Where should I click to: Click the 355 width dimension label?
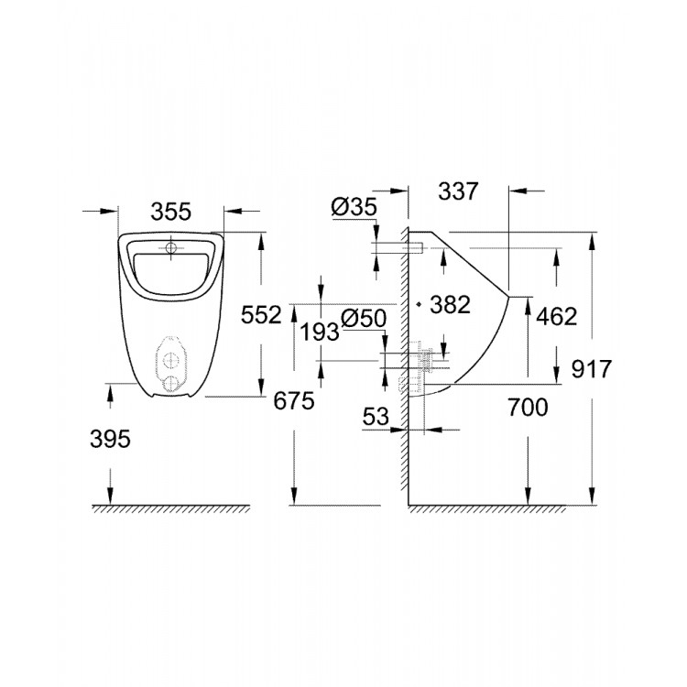[x=171, y=212]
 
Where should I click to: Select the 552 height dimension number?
[x=261, y=315]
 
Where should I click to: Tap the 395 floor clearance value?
[x=111, y=439]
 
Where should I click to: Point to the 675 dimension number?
[x=294, y=399]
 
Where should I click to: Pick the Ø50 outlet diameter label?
[x=364, y=318]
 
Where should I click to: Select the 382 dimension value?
[x=450, y=304]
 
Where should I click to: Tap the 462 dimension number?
[x=557, y=316]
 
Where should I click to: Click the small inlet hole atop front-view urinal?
[x=171, y=246]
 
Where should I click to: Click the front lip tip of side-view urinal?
[x=510, y=295]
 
